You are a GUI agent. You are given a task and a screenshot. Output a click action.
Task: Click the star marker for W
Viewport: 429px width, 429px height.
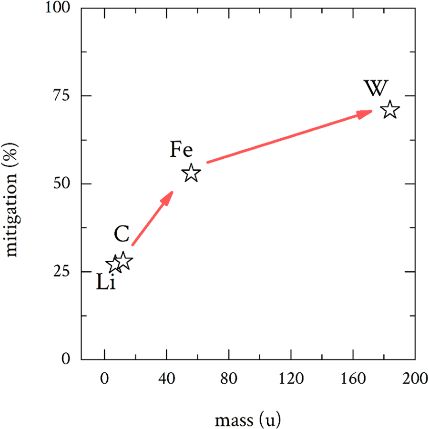click(390, 110)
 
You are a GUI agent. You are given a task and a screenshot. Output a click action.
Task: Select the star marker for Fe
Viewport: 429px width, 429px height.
click(192, 173)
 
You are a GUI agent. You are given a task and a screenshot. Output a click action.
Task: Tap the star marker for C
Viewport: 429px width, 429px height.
click(123, 261)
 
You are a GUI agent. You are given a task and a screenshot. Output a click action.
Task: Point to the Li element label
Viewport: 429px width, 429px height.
click(106, 283)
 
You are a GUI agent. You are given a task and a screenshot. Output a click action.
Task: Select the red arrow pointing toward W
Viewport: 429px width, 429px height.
click(289, 137)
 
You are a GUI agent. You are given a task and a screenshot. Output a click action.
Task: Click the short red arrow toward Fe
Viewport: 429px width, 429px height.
click(152, 218)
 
